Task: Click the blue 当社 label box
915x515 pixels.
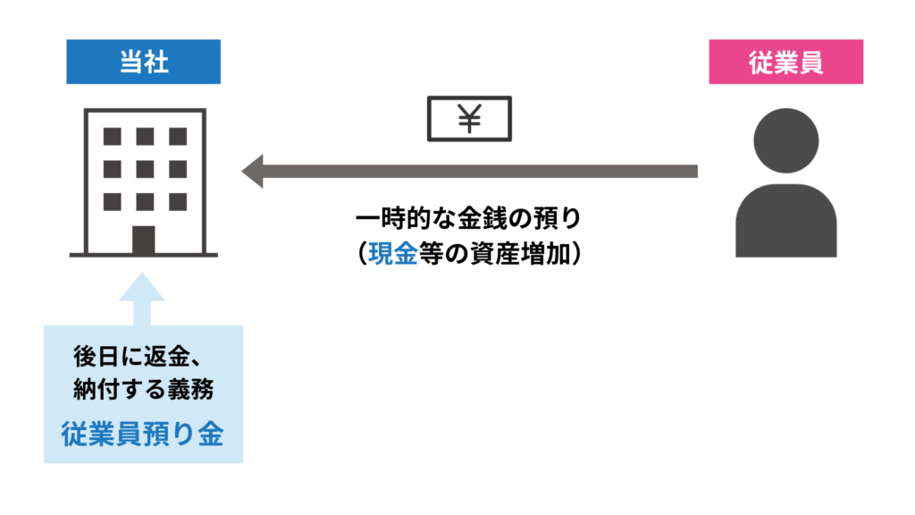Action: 143,62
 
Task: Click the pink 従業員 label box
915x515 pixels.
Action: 785,62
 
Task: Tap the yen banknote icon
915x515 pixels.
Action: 469,119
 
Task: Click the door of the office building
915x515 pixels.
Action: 143,239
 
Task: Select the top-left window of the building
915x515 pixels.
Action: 113,136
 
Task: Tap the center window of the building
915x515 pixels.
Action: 144,168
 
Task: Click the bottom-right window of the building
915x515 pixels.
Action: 176,200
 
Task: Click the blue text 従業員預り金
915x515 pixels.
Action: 143,434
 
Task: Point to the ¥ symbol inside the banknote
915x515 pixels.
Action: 469,119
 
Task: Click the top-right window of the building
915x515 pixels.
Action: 176,136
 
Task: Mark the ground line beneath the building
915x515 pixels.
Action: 143,256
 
